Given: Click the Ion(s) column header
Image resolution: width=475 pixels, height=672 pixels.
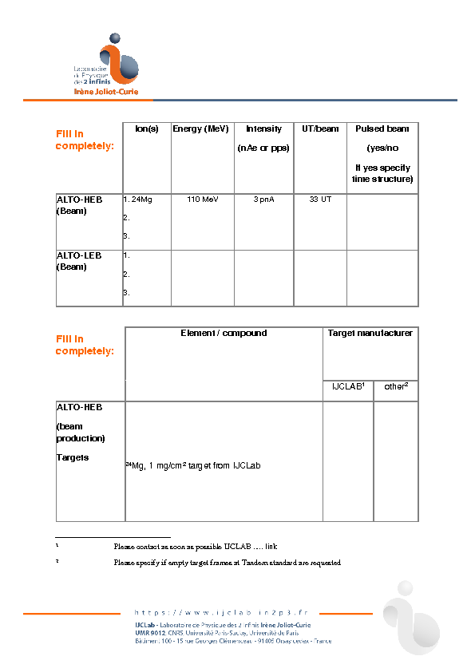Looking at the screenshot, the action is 147,128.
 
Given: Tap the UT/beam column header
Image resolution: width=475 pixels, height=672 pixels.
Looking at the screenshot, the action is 320,128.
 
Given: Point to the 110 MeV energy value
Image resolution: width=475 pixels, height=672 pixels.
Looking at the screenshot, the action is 203,200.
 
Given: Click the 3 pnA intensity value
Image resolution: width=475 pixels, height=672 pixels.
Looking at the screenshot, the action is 263,200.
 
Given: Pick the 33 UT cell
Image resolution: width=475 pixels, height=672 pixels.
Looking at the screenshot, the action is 320,200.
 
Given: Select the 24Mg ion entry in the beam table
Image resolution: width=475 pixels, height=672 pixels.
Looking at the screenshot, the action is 140,200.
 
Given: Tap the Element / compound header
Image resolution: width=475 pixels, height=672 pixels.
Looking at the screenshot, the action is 224,333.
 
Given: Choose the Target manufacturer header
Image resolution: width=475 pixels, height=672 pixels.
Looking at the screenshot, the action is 370,333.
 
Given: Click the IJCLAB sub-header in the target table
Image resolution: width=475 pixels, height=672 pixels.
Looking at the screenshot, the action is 348,386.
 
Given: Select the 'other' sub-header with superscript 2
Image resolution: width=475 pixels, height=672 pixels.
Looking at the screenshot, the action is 396,386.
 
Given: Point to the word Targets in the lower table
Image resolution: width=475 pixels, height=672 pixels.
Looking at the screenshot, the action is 72,457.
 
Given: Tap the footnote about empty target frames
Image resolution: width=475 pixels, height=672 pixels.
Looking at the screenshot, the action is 227,563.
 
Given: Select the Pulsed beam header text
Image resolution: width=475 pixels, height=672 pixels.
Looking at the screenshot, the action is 382,128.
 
